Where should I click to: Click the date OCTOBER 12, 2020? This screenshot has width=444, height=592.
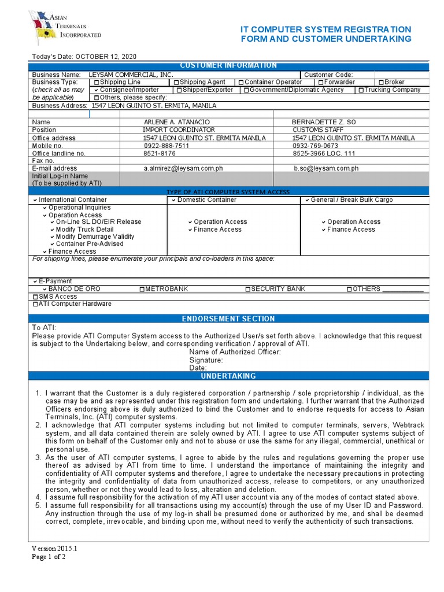click(x=106, y=56)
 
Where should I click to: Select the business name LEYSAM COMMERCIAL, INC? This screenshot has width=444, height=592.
click(x=131, y=75)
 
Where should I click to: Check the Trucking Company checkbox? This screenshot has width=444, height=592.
click(x=361, y=90)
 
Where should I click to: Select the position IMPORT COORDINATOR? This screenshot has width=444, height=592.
click(x=179, y=130)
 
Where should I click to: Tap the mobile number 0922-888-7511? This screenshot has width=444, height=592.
click(x=166, y=146)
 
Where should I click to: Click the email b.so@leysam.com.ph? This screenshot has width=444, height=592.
click(x=326, y=168)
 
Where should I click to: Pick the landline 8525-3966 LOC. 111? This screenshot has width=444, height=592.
click(x=324, y=153)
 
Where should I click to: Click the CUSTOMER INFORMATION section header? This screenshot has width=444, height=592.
click(x=228, y=65)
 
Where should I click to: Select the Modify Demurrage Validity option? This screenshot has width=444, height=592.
click(x=95, y=236)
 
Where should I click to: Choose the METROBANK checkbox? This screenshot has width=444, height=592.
click(x=142, y=289)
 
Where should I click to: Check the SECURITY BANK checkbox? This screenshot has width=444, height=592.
click(x=248, y=289)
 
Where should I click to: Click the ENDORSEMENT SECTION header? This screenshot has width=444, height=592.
click(x=228, y=319)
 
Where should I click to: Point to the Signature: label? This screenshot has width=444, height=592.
click(x=206, y=360)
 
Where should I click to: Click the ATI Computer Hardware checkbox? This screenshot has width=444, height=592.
click(x=36, y=304)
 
